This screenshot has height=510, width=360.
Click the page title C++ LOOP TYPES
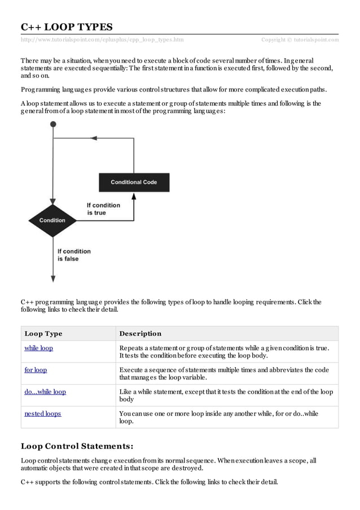[67, 27]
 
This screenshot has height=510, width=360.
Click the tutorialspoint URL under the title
[102, 40]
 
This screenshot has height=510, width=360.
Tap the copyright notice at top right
[300, 40]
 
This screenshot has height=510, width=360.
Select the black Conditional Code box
[134, 182]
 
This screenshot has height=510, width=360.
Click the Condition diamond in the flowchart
[52, 220]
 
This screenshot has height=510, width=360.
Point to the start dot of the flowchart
[53, 124]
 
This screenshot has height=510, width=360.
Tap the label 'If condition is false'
[74, 255]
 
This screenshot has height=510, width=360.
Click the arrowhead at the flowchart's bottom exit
[53, 278]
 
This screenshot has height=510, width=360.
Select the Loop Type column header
[43, 333]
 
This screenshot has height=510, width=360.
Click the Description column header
[141, 333]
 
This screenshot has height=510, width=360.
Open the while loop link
[38, 348]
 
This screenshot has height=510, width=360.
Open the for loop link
[36, 370]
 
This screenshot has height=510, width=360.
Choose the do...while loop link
[45, 391]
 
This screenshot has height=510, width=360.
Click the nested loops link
[42, 413]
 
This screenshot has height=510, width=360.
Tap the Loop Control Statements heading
[77, 446]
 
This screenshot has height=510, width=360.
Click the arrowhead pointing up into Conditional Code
[134, 196]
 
